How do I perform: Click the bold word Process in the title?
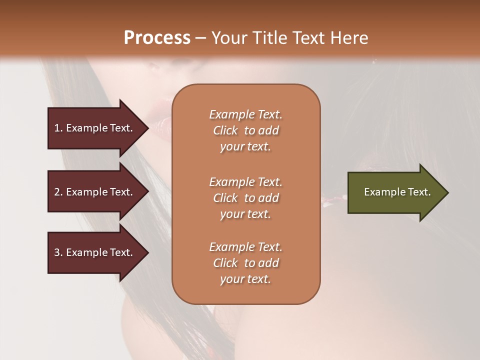pos(157,38)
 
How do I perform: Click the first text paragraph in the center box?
pos(245,130)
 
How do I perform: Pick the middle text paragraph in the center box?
pos(245,198)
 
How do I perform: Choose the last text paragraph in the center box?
pos(245,263)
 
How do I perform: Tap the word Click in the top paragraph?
pos(225,130)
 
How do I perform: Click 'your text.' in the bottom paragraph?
pos(245,279)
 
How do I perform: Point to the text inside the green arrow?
pos(397,192)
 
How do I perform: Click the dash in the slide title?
pos(201,38)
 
